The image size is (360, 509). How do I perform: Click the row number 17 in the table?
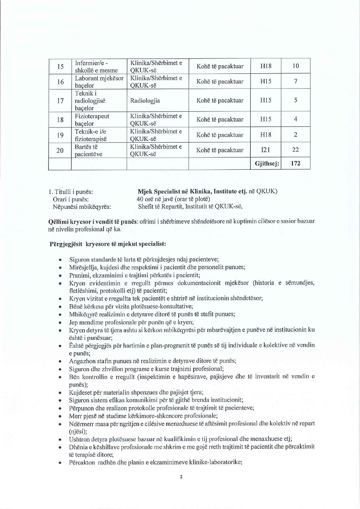[60, 100]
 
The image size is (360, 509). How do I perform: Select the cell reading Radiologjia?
[145, 100]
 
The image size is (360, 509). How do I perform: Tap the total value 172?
[296, 164]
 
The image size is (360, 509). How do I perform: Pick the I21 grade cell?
[265, 150]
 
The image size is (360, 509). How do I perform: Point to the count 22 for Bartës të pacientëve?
[296, 150]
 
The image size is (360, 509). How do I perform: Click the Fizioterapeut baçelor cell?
[92, 119]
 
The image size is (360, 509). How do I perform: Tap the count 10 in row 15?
[296, 66]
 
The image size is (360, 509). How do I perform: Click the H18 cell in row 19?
[265, 135]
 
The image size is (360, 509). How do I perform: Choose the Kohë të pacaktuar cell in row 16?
[220, 81]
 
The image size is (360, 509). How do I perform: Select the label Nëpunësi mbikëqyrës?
[82, 207]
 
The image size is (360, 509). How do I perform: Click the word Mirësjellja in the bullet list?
[83, 267]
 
